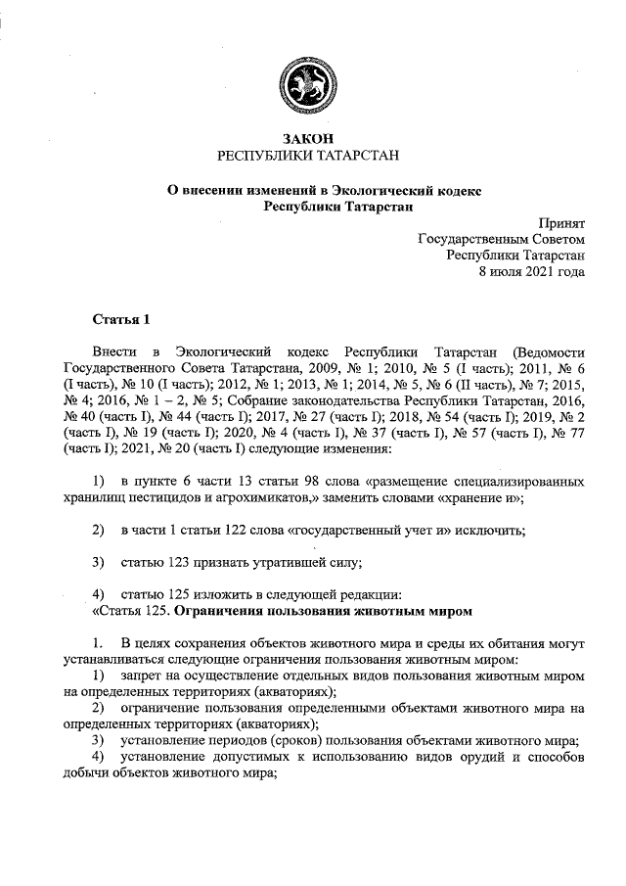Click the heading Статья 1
(x=122, y=319)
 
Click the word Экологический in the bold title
(x=371, y=189)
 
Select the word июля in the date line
(x=503, y=270)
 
